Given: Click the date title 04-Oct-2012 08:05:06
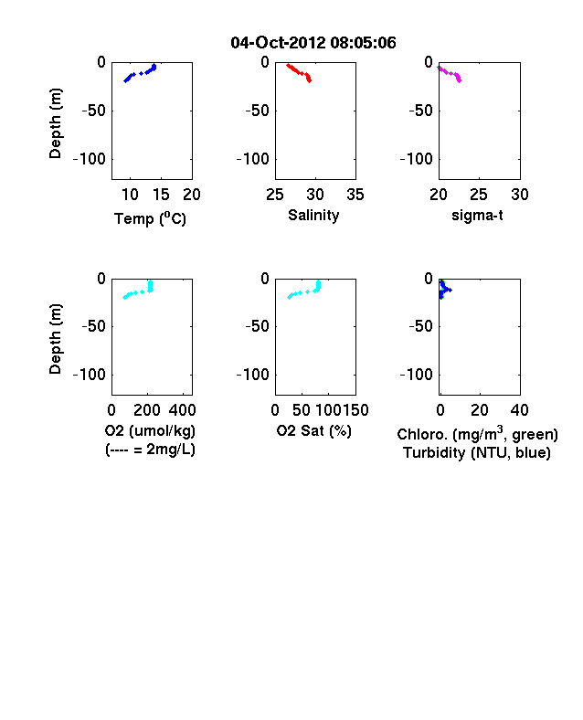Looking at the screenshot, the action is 313,43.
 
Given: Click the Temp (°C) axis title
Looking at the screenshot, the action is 150,218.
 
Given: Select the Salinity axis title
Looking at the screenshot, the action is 313,215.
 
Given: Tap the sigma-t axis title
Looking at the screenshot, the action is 477,215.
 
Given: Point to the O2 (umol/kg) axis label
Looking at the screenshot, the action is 150,430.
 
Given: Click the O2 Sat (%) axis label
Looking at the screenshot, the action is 314,430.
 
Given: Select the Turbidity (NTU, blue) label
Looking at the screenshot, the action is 477,453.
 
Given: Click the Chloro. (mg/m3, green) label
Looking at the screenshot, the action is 477,433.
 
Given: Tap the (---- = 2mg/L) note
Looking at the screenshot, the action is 150,449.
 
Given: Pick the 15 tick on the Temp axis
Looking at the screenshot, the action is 161,195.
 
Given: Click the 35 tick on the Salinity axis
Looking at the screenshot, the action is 355,195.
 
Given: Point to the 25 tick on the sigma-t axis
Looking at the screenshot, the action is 479,195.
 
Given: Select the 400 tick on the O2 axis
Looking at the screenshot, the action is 182,409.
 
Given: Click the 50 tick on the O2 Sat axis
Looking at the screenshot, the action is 302,409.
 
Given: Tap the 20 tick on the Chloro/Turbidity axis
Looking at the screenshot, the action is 480,409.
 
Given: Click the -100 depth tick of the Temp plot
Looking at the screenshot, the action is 90,159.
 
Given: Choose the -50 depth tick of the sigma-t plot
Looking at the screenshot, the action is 421,111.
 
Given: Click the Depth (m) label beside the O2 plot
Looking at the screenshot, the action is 55,339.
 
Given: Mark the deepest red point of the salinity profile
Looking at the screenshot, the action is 310,80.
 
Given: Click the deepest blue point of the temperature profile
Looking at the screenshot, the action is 125,81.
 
